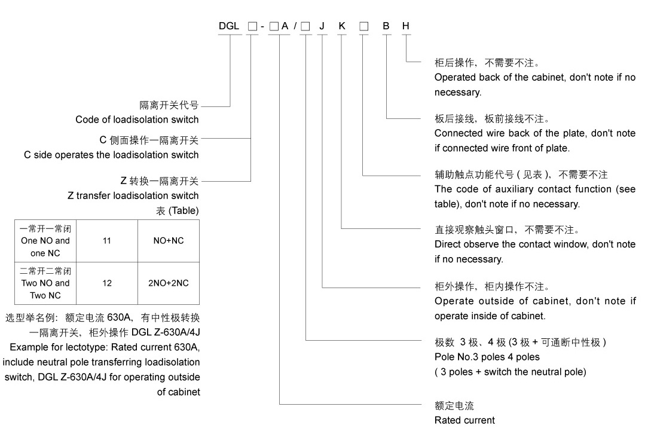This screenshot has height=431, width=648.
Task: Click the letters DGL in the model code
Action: tap(228, 26)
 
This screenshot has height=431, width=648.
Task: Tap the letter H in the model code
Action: tap(406, 26)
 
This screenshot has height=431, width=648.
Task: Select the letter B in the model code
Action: tap(386, 26)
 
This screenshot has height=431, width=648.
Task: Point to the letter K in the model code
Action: tap(342, 26)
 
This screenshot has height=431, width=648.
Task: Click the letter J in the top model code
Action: tap(322, 26)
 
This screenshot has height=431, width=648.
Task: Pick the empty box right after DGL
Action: tap(252, 26)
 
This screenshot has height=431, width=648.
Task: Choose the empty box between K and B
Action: tap(363, 26)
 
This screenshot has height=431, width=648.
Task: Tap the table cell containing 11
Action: tap(107, 241)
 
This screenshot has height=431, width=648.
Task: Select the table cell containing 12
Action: tap(107, 283)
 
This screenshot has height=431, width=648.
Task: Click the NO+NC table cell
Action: tap(169, 241)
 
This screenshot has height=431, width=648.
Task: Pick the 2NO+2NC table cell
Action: tap(169, 283)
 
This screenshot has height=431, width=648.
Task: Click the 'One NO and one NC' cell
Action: tap(45, 241)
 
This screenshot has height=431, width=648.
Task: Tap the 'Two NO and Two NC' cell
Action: tap(45, 283)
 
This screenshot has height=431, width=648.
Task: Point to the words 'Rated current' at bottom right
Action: tap(464, 420)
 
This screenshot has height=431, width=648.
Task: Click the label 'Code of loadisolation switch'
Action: tap(137, 120)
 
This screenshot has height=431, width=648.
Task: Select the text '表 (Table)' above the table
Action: tap(178, 211)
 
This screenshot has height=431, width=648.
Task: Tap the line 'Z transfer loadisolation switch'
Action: tap(133, 195)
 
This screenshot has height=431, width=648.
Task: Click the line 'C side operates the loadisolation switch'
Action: tap(111, 155)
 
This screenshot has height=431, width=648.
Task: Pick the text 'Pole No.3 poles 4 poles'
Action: tap(487, 357)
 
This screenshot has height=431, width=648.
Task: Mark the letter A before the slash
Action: tap(285, 26)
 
